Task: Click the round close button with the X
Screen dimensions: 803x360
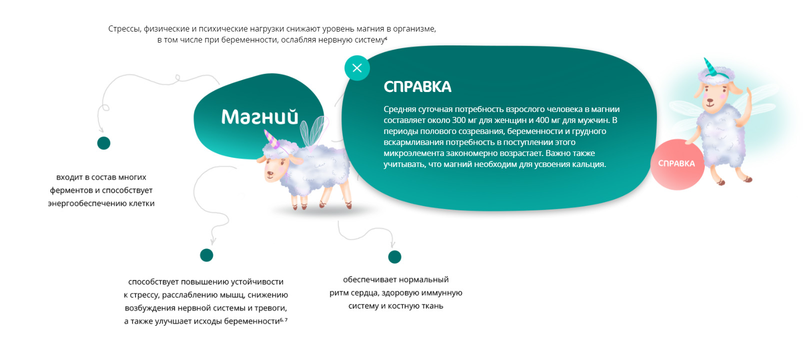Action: point(357,68)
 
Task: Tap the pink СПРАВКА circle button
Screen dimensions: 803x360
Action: point(677,164)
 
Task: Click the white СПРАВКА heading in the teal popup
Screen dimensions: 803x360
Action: point(417,87)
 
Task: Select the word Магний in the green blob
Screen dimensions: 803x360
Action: point(259,116)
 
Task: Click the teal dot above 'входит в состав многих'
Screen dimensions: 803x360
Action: point(103,143)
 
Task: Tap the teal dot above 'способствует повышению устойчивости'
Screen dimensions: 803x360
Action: point(206,255)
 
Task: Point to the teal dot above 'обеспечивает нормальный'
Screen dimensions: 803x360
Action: point(394,256)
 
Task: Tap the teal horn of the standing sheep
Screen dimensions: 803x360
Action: point(710,67)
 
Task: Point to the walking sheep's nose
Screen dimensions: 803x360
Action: point(269,174)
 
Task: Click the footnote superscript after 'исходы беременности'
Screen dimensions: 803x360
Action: point(283,319)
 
